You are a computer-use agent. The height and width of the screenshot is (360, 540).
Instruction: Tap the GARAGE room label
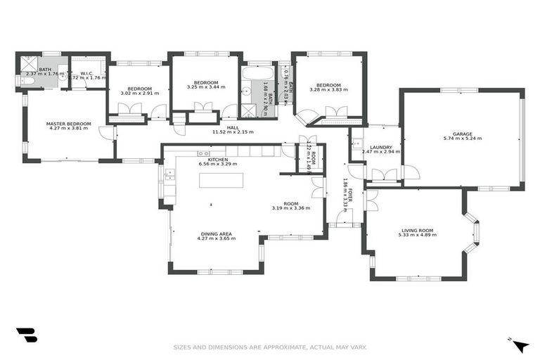click(462, 134)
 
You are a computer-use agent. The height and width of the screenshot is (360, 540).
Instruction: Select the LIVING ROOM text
click(417, 229)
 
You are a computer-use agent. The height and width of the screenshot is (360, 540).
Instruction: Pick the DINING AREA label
click(216, 233)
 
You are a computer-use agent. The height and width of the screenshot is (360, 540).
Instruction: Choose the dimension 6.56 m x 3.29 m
click(218, 164)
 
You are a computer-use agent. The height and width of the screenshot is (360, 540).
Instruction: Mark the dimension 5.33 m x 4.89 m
click(417, 235)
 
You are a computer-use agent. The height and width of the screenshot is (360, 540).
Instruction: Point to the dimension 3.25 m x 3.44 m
click(206, 87)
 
